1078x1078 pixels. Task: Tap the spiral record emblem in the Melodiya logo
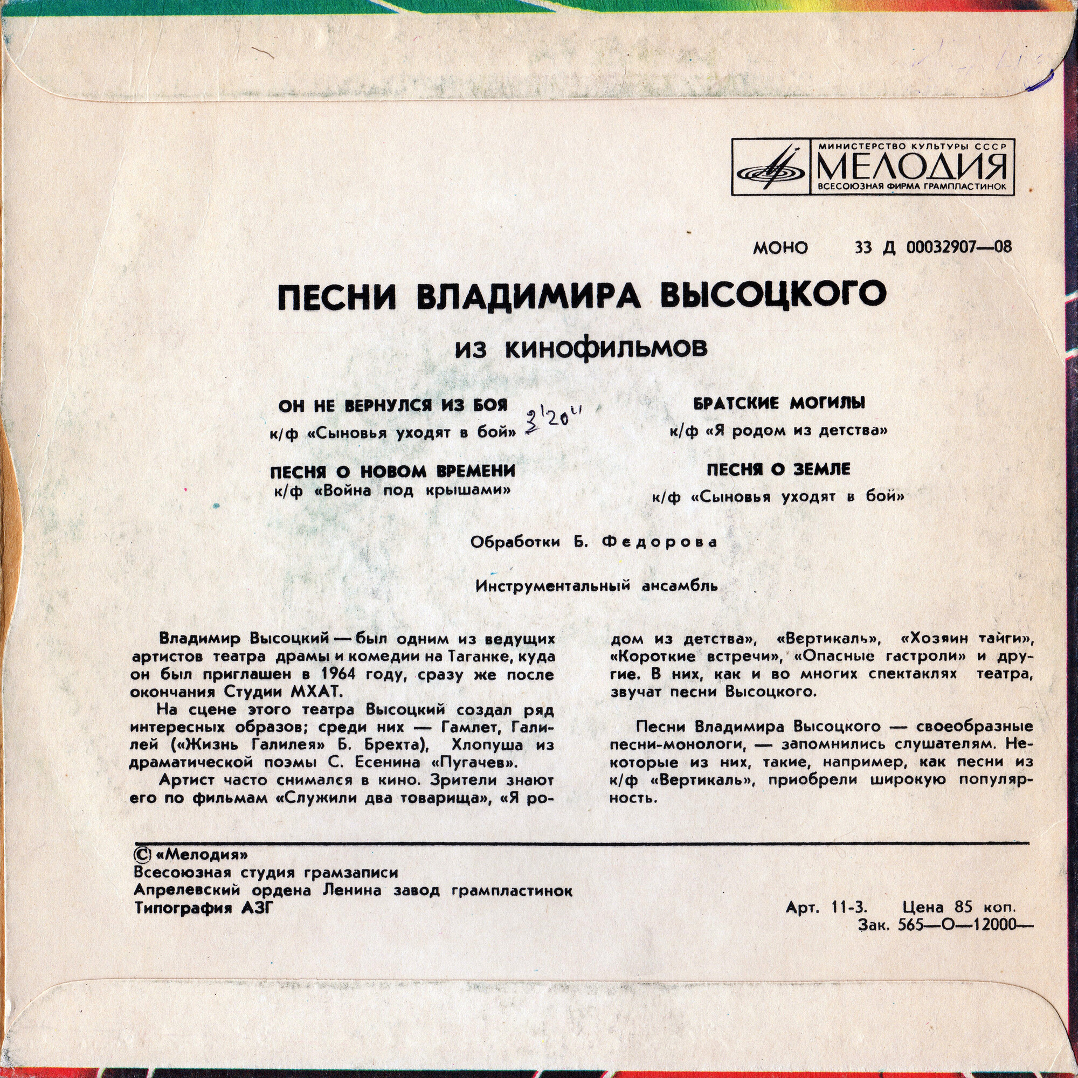click(x=772, y=166)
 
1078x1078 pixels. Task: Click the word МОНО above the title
click(x=780, y=248)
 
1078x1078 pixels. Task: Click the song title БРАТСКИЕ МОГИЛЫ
click(x=779, y=403)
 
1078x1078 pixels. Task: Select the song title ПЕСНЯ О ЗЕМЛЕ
click(x=778, y=470)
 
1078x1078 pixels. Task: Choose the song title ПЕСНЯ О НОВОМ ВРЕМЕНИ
click(x=392, y=472)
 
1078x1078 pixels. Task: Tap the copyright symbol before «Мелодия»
click(x=141, y=855)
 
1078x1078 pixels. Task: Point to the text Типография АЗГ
click(x=205, y=908)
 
